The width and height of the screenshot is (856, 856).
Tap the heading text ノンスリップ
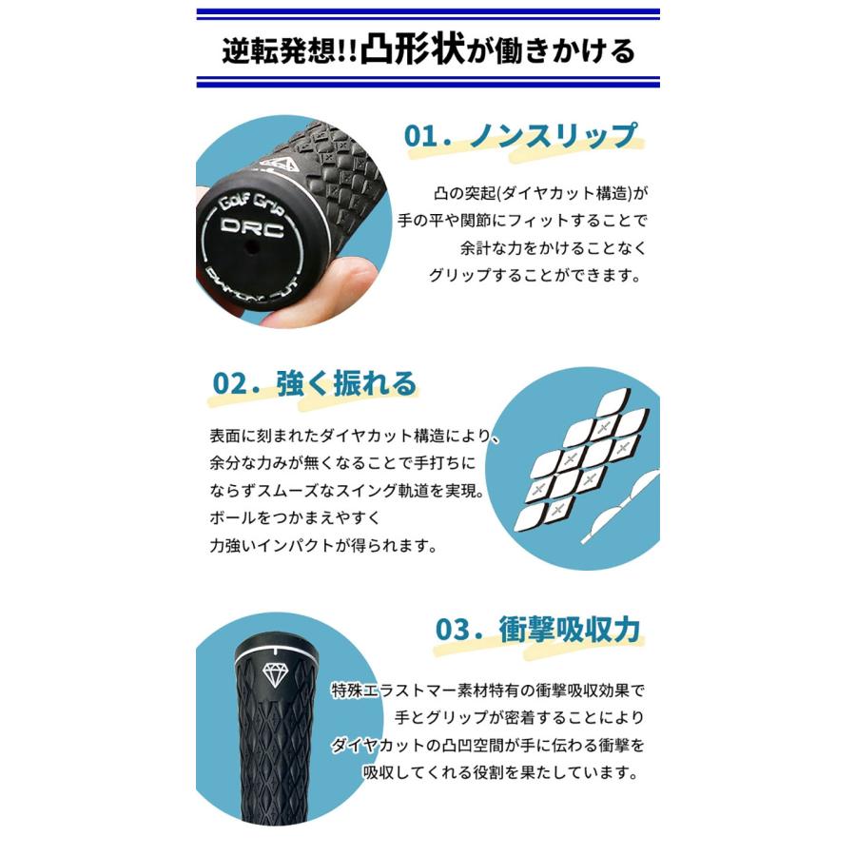(x=553, y=136)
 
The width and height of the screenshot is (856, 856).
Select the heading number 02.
(x=232, y=383)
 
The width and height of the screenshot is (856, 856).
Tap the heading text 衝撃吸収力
(x=570, y=630)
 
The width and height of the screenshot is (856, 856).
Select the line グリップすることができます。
(x=535, y=276)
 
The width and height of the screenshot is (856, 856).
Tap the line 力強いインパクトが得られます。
(x=323, y=547)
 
